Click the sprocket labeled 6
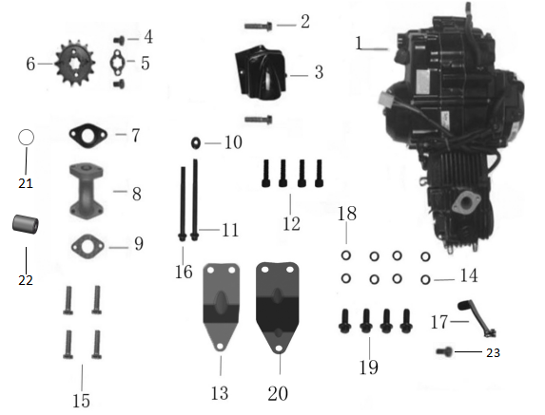(75, 63)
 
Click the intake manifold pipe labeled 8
(87, 191)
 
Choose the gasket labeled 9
(88, 247)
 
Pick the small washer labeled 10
(196, 142)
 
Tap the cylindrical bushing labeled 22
(25, 224)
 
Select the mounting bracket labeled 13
(221, 307)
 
